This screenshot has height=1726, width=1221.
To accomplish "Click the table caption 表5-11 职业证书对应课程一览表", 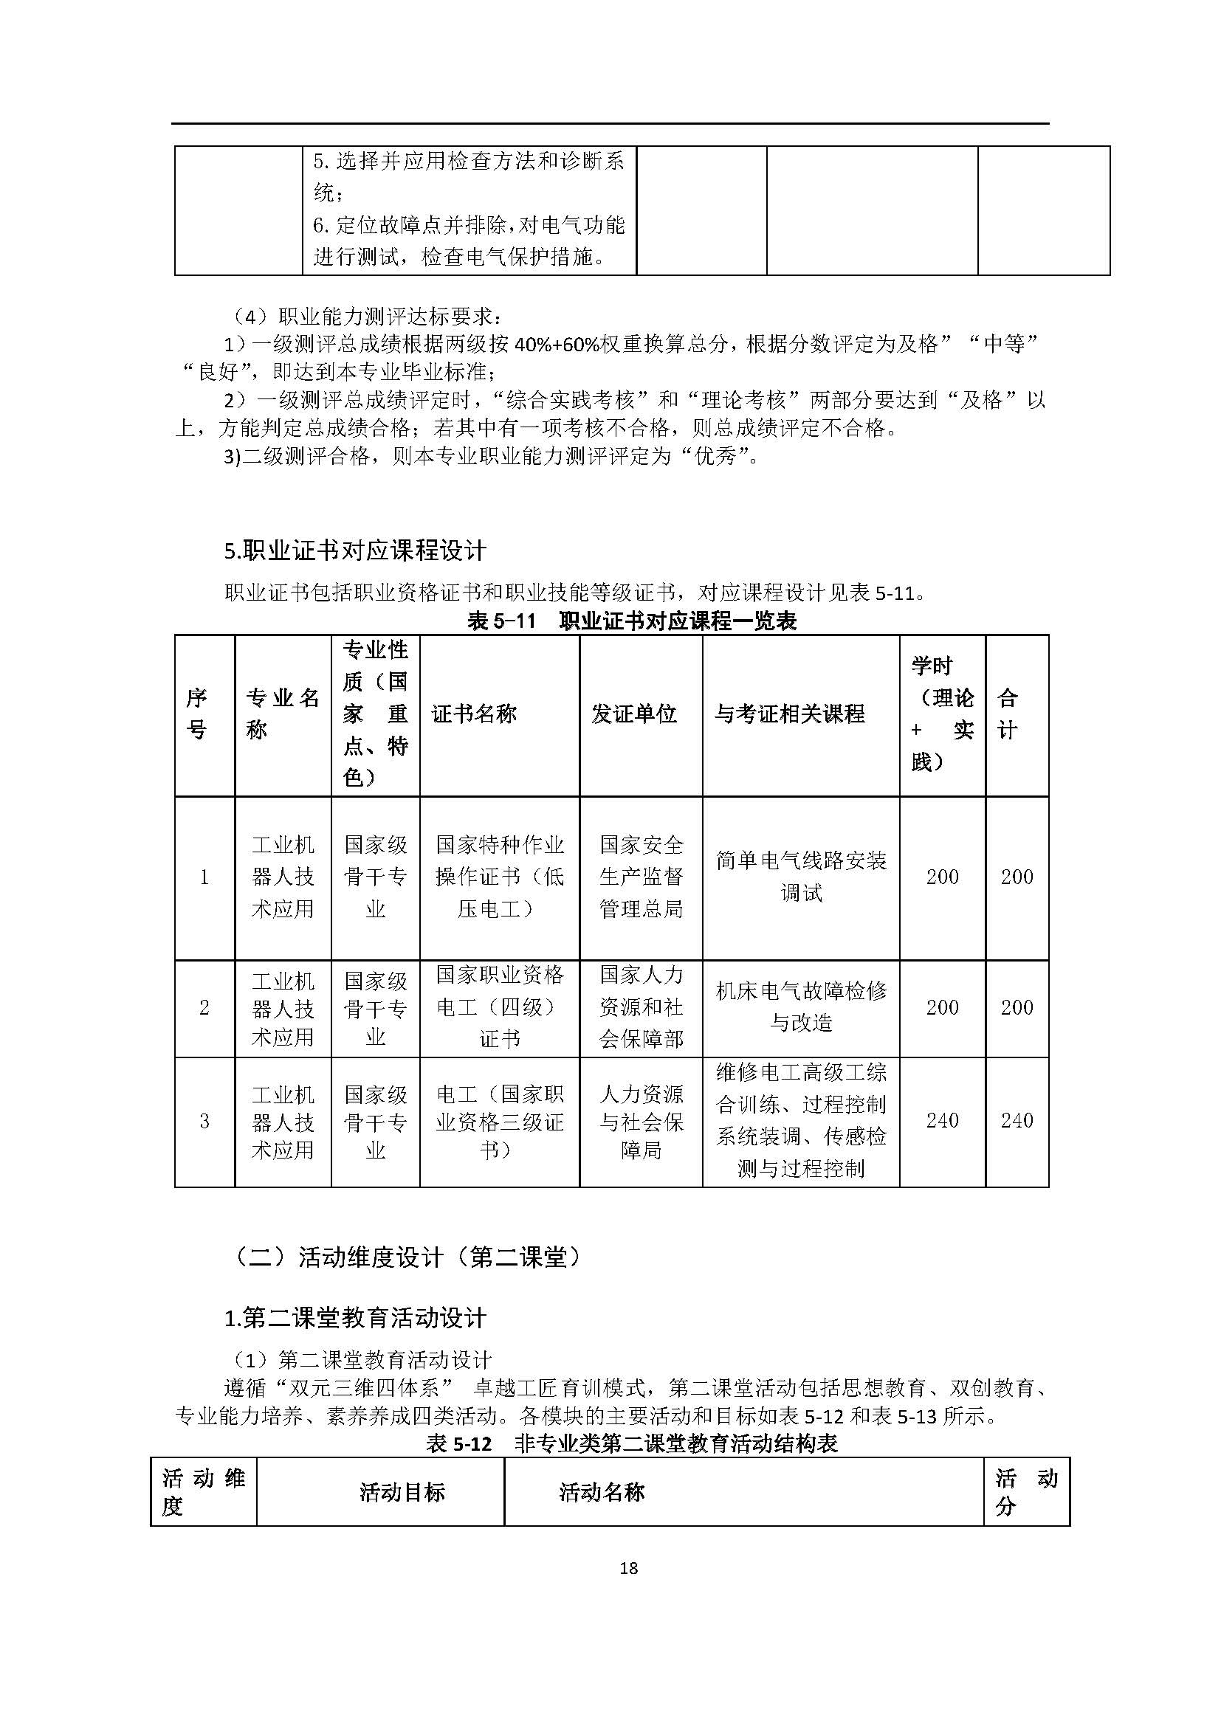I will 632,621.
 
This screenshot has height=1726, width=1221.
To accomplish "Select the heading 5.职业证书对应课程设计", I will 355,550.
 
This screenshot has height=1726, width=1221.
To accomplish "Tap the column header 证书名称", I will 474,714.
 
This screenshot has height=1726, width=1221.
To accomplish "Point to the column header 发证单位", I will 634,714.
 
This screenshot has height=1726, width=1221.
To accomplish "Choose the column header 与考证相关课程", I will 789,714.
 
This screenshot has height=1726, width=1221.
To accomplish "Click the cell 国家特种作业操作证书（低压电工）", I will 499,877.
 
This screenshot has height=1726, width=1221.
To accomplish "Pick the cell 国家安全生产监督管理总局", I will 642,877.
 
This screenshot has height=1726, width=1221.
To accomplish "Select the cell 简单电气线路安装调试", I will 801,877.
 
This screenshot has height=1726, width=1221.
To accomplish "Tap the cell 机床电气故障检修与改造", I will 801,1007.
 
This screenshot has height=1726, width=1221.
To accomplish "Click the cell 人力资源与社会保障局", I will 642,1122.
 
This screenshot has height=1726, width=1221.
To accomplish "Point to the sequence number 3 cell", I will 204,1122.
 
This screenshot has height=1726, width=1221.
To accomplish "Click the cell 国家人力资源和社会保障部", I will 642,1007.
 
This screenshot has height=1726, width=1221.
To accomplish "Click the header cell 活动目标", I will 402,1492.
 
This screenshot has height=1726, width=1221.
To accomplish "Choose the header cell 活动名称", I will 602,1492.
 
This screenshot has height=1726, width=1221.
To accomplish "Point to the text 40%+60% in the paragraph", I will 557,344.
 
